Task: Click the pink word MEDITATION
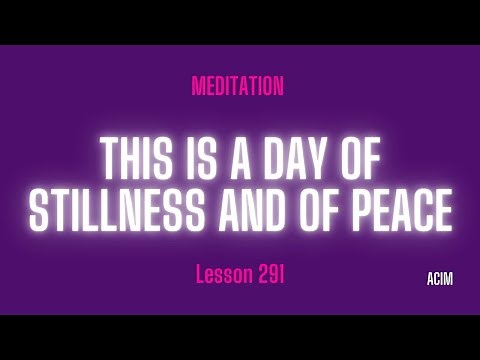[237, 87]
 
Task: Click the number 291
[269, 275]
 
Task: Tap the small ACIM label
[437, 279]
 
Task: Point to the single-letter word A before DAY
[248, 159]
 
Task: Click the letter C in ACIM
[433, 279]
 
